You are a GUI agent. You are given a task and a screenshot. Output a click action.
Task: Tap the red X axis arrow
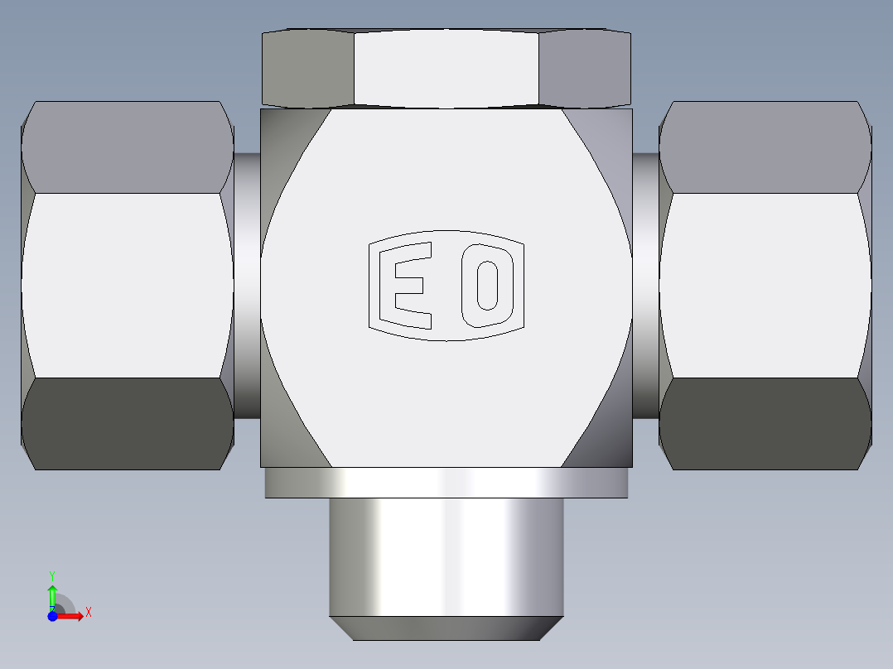[70, 616]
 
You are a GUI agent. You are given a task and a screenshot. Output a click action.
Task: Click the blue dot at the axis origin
[52, 616]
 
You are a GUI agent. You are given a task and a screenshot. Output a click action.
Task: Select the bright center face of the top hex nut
[446, 68]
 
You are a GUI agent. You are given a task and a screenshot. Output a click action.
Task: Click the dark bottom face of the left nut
[128, 424]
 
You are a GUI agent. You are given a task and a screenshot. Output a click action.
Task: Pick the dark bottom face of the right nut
[765, 424]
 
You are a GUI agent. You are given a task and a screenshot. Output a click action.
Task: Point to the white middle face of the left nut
[128, 286]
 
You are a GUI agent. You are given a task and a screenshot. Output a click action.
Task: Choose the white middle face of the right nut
[765, 286]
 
